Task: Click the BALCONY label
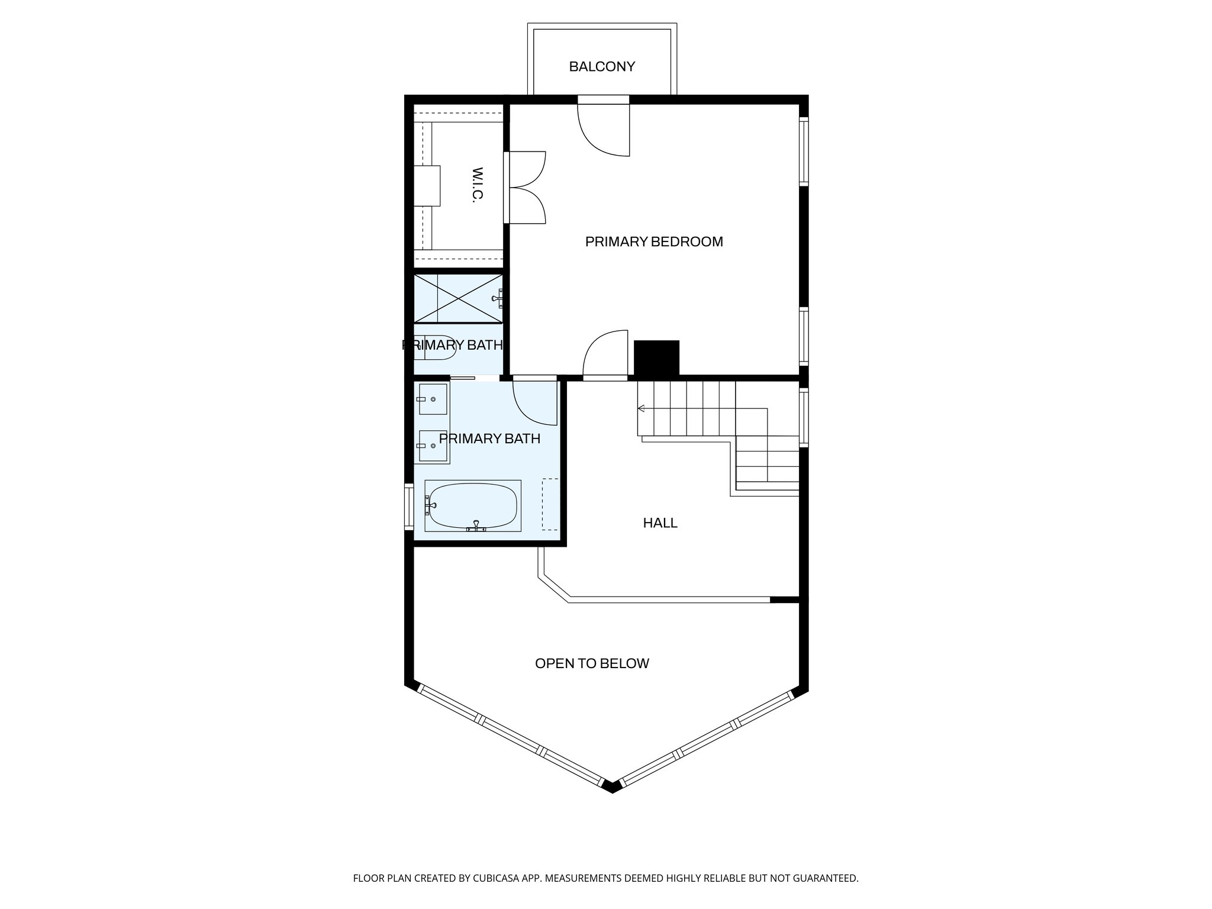(x=602, y=67)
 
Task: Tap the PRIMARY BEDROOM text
(x=654, y=241)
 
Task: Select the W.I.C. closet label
(x=478, y=185)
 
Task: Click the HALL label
(x=660, y=523)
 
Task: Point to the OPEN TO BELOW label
(x=592, y=663)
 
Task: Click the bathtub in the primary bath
(x=473, y=506)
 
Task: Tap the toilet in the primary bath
(x=435, y=348)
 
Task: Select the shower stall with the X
(x=458, y=298)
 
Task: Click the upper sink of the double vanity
(x=433, y=399)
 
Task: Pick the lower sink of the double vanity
(x=433, y=446)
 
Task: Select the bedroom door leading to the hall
(x=605, y=355)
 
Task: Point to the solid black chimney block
(x=656, y=357)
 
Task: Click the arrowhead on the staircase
(x=640, y=408)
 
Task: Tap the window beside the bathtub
(x=408, y=506)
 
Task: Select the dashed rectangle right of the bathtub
(x=550, y=504)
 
